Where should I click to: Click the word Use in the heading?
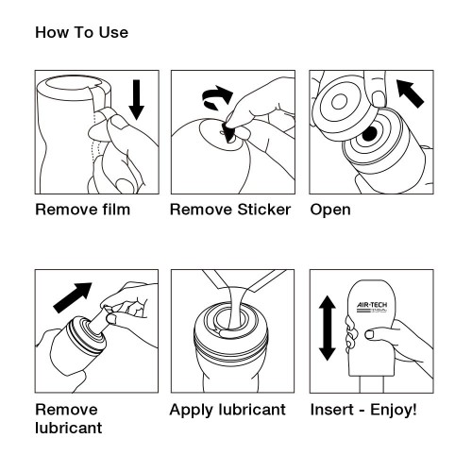(113, 33)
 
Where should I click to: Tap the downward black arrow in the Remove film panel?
(136, 98)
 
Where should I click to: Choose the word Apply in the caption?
(191, 411)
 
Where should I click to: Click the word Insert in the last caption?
(331, 411)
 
